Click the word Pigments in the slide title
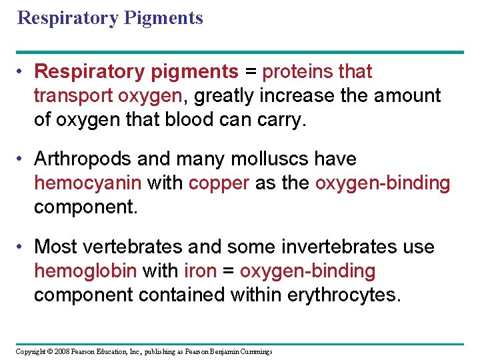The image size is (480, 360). [163, 18]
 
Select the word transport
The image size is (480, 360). [73, 96]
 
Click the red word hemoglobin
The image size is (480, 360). [85, 271]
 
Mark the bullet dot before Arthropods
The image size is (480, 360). [23, 159]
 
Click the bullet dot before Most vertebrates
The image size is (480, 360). [23, 247]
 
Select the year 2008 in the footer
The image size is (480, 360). [61, 351]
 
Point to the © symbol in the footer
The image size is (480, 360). [49, 351]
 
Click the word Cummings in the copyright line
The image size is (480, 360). [256, 351]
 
